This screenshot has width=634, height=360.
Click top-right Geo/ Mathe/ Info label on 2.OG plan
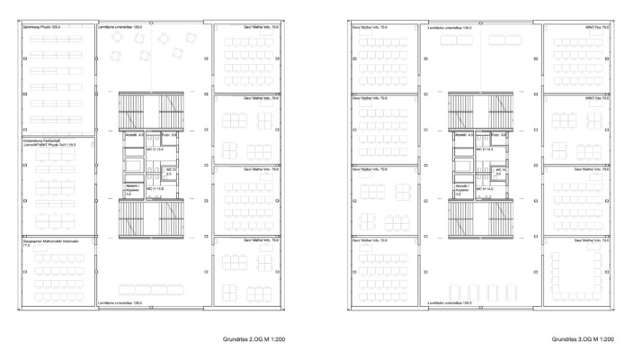click(260, 29)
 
